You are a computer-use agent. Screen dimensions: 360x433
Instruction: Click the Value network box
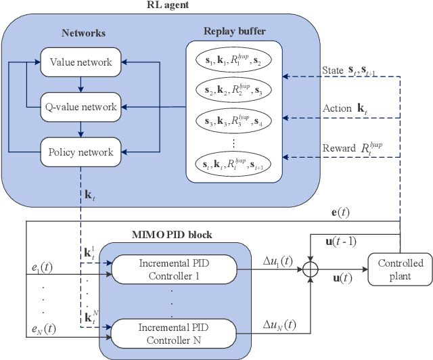[x=80, y=62]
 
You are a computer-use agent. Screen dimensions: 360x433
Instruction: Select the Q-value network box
[x=80, y=106]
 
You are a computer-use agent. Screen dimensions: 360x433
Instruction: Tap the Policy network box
[x=80, y=152]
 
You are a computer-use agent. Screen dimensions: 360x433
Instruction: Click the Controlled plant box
[x=400, y=269]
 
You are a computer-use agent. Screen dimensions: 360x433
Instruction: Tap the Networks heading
[x=83, y=32]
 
